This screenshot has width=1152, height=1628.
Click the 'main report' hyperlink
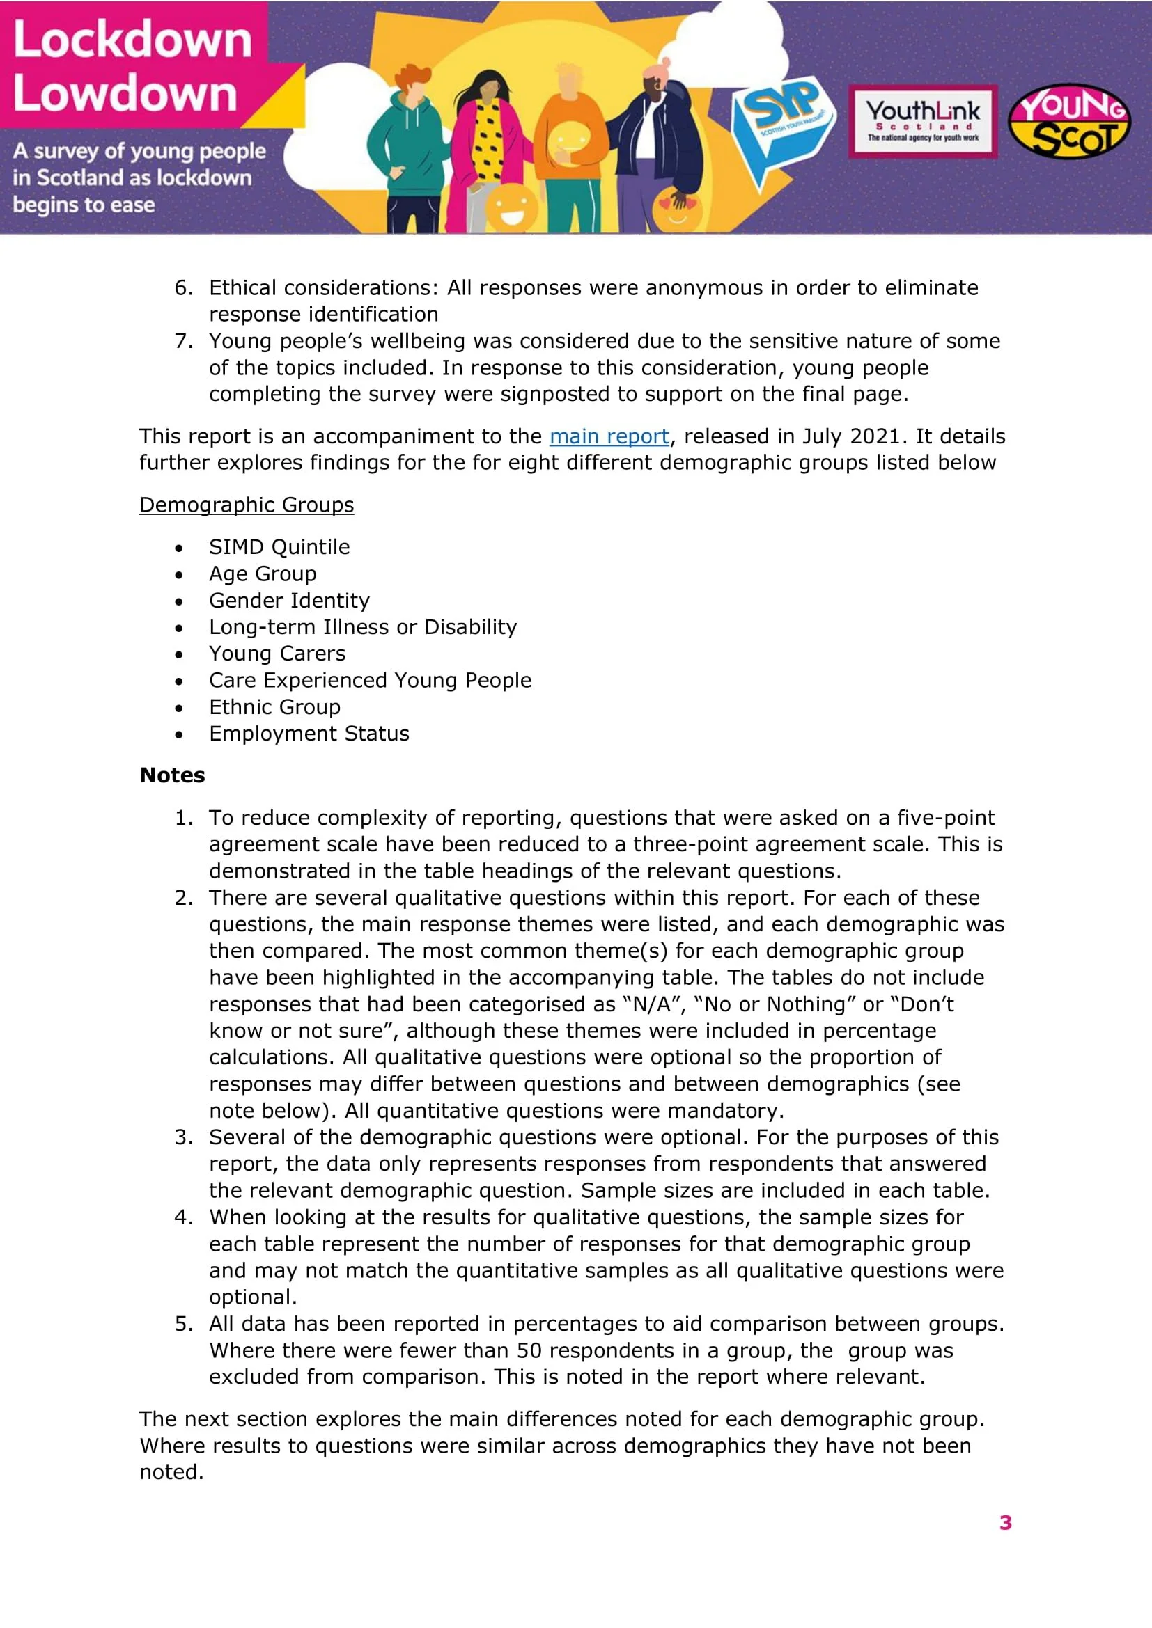click(x=609, y=436)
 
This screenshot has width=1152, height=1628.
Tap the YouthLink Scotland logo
click(x=922, y=120)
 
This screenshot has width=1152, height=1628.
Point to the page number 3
click(x=1005, y=1522)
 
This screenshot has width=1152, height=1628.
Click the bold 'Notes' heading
click(x=172, y=775)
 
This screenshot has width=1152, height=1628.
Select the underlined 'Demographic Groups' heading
click(x=246, y=505)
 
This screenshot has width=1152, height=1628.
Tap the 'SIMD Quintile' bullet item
click(x=279, y=546)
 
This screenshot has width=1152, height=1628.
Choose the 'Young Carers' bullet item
click(x=277, y=653)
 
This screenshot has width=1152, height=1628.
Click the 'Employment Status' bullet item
click(x=309, y=733)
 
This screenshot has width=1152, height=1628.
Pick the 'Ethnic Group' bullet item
click(x=274, y=707)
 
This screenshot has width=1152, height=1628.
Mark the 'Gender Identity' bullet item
click(x=289, y=601)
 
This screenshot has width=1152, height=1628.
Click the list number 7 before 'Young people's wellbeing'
click(x=183, y=341)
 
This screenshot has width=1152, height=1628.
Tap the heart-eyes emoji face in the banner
click(x=676, y=210)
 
